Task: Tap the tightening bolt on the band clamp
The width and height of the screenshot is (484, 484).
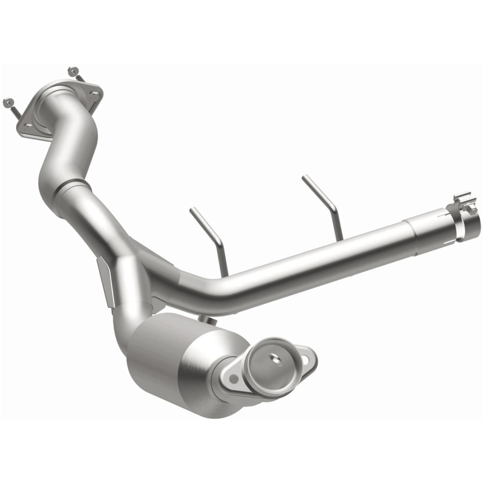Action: [462, 200]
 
